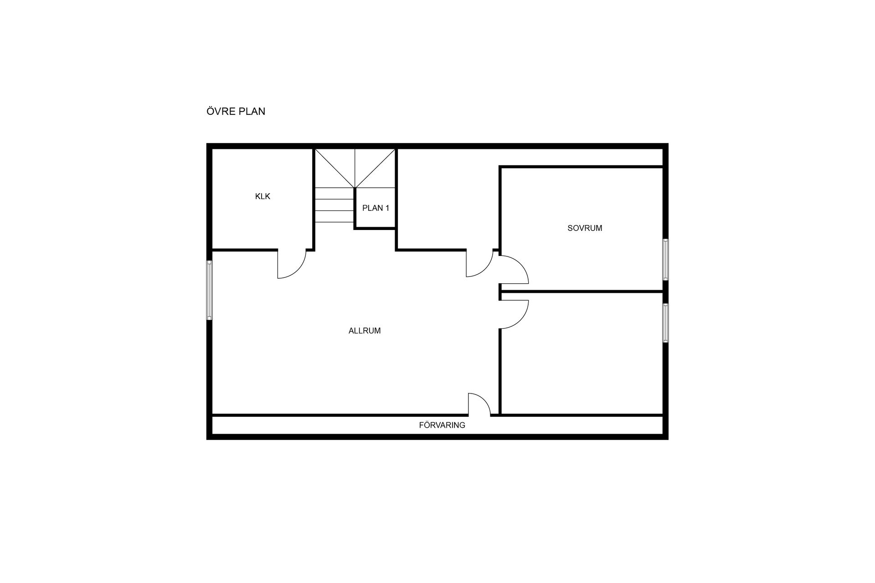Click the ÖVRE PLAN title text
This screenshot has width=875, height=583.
tap(236, 112)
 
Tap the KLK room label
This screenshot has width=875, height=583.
tap(263, 196)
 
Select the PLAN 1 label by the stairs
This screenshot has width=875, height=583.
tap(376, 208)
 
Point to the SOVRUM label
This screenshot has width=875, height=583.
tap(585, 228)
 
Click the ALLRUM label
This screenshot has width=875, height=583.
tap(365, 331)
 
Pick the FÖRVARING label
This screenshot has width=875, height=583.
tap(442, 425)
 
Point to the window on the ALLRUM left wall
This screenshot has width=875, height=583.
tap(210, 290)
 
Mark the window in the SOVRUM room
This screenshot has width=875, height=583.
tap(665, 259)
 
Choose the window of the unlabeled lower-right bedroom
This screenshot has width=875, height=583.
tap(665, 323)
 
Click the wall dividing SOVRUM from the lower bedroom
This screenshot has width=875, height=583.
tap(582, 291)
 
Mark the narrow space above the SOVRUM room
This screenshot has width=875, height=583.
tap(582, 158)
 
